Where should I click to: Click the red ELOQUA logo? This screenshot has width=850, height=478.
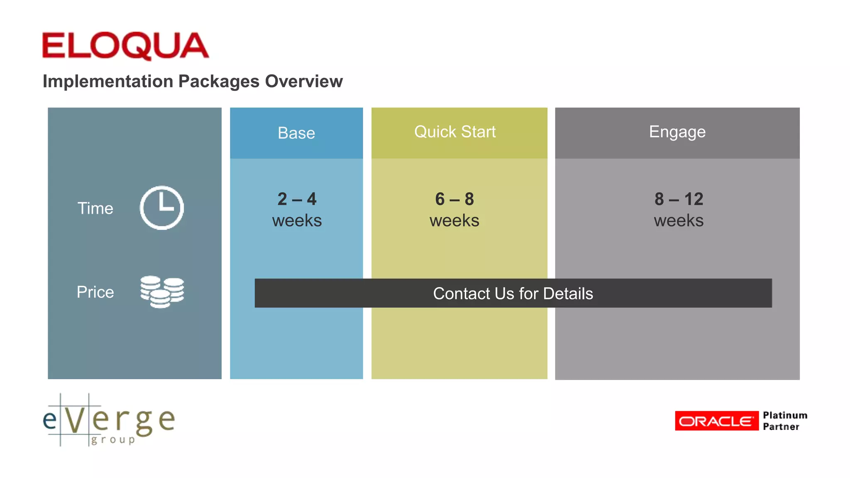click(125, 46)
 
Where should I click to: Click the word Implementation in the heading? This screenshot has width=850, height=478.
click(108, 81)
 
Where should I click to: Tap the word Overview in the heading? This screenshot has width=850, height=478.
click(304, 81)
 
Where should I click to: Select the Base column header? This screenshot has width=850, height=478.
click(296, 133)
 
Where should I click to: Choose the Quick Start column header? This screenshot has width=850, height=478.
click(455, 132)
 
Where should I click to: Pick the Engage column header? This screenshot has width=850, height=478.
click(677, 132)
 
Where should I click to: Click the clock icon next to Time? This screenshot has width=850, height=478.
click(162, 207)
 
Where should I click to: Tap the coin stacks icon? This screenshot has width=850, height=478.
click(162, 292)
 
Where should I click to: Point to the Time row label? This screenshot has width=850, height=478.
click(95, 208)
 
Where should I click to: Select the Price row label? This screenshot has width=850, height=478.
click(95, 292)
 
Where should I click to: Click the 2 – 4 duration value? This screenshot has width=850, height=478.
click(297, 199)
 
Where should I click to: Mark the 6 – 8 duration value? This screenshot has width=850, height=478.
click(454, 199)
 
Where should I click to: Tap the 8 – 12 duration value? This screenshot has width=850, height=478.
click(679, 199)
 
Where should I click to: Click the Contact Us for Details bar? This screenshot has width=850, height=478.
click(513, 293)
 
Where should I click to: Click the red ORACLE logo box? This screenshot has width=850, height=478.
click(716, 421)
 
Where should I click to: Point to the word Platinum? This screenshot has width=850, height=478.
click(785, 415)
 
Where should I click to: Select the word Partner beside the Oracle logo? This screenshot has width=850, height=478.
click(781, 427)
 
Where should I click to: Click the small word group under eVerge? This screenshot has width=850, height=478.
click(113, 439)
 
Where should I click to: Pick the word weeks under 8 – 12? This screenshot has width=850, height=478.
click(679, 221)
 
